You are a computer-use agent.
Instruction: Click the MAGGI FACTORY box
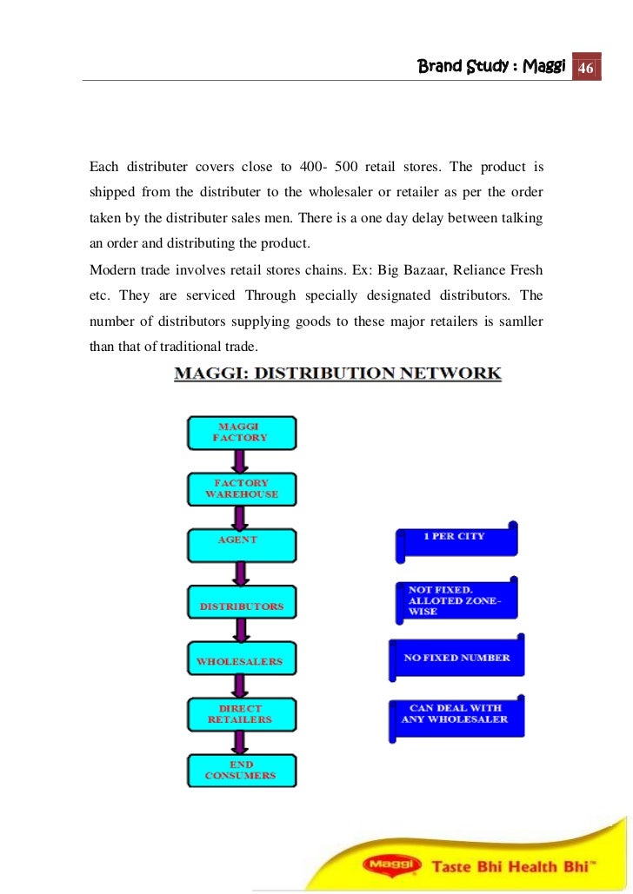click(x=241, y=433)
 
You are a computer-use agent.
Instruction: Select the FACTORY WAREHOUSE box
click(x=241, y=489)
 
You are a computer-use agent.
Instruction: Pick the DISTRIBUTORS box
click(x=241, y=606)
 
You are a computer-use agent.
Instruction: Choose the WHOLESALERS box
click(x=241, y=661)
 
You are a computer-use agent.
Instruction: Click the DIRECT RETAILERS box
click(x=241, y=714)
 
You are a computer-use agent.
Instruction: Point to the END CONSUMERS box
click(x=241, y=770)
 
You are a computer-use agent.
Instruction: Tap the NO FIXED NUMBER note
click(x=456, y=659)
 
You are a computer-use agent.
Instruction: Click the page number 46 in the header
click(x=585, y=68)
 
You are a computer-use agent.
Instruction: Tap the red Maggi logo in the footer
click(x=390, y=865)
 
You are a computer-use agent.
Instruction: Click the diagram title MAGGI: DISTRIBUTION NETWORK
click(x=337, y=374)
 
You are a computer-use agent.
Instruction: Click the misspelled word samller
click(x=520, y=321)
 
